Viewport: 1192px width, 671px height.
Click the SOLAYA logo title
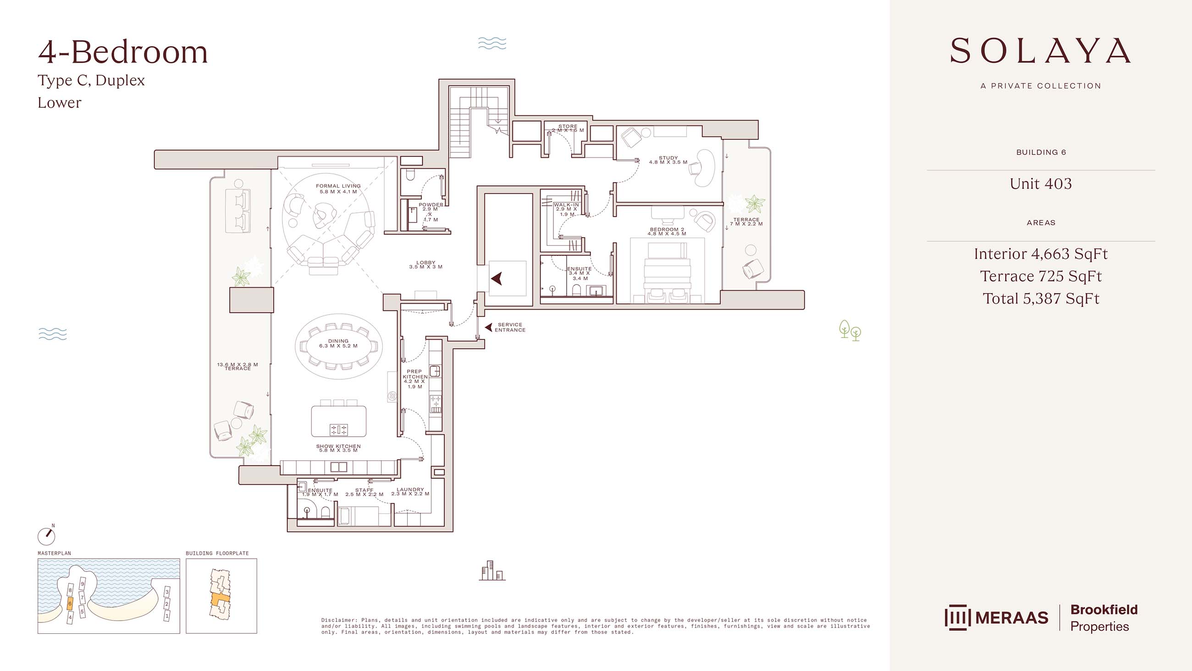1041,51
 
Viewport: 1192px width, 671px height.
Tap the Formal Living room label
338,189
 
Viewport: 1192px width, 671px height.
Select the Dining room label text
338,343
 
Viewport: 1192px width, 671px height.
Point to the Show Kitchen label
338,448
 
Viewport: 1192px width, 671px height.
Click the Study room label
668,160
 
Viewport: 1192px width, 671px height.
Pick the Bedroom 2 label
667,232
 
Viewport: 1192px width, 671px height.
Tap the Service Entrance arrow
488,327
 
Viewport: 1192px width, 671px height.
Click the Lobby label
426,265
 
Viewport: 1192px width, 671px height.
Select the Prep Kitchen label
414,379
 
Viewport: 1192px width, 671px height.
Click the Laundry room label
410,491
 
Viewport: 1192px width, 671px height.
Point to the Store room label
568,128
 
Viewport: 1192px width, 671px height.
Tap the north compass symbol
46,535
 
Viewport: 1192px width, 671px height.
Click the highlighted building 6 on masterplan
70,604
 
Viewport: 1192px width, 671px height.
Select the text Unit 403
1041,183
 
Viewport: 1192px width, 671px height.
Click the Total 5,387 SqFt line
1041,298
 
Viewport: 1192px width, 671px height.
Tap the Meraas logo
996,617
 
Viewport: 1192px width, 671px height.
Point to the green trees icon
850,330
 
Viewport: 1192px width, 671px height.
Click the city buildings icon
492,571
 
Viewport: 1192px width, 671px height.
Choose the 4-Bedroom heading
123,52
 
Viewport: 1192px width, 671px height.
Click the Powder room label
430,212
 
